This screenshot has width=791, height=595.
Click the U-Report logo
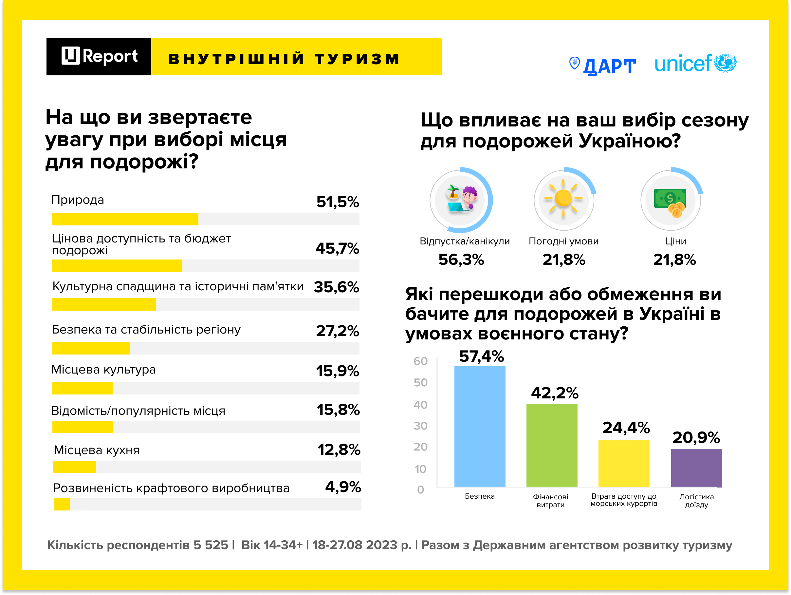[x=99, y=57]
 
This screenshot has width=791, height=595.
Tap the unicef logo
[x=695, y=63]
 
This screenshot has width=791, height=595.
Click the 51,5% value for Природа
[x=337, y=202]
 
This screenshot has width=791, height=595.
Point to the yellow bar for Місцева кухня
[x=74, y=467]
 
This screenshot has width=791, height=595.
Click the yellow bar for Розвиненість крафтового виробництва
[x=62, y=504]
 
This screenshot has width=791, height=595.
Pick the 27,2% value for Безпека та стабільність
[x=337, y=331]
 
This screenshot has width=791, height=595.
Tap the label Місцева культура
[x=103, y=369]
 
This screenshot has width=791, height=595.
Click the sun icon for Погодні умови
[x=563, y=199]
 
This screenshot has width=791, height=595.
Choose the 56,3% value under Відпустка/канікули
[x=461, y=259]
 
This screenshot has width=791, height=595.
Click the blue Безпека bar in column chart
[x=480, y=426]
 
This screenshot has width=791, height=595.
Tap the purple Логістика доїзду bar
[x=696, y=467]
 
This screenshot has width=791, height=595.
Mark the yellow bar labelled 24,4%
[x=624, y=463]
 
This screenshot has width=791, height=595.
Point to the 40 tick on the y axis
[x=420, y=405]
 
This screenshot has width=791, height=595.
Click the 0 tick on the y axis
[x=420, y=489]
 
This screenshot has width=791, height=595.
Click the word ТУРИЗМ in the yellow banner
[x=357, y=59]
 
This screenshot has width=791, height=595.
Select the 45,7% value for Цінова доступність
[x=337, y=248]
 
